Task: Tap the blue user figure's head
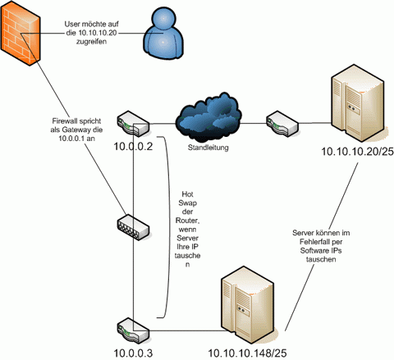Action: pyautogui.click(x=163, y=18)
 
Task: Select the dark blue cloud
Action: pyautogui.click(x=208, y=116)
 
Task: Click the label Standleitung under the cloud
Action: pyautogui.click(x=208, y=148)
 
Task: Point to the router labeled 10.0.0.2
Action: pyautogui.click(x=134, y=124)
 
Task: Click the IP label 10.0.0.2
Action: pyautogui.click(x=133, y=147)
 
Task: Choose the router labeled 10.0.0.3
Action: pyautogui.click(x=134, y=330)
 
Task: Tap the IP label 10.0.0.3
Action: pyautogui.click(x=133, y=353)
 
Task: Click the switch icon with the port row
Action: pyautogui.click(x=133, y=227)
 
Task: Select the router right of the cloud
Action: pyautogui.click(x=282, y=124)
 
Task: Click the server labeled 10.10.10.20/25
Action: pyautogui.click(x=360, y=103)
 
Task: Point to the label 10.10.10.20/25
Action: pyautogui.click(x=357, y=151)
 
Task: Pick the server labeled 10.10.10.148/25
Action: pyautogui.click(x=249, y=305)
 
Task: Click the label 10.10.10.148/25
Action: pyautogui.click(x=247, y=353)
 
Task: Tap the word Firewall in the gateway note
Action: pyautogui.click(x=64, y=121)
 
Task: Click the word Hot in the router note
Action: pyautogui.click(x=187, y=194)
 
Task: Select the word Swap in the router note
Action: pyautogui.click(x=187, y=203)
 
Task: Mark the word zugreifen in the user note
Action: pyautogui.click(x=91, y=42)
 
